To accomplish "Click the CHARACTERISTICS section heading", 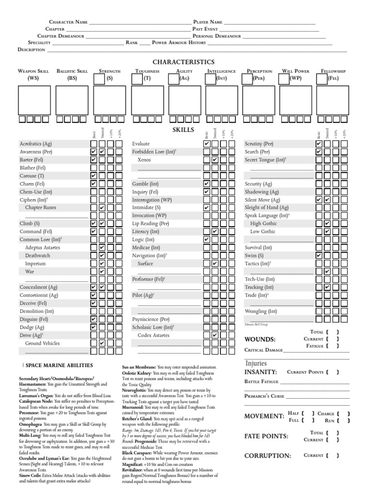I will [x=183, y=62].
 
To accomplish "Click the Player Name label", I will [x=208, y=22].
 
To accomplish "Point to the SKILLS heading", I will [x=183, y=130].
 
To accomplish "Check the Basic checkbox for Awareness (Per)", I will [x=93, y=152].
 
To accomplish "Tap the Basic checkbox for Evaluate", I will [x=207, y=144].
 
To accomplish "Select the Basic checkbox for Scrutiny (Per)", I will [x=319, y=144].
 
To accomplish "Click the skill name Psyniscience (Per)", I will [x=151, y=320].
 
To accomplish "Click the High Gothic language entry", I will [x=263, y=224].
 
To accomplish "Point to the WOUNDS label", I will [x=260, y=339].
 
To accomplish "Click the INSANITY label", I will [x=261, y=372].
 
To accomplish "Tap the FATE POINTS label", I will [x=266, y=436].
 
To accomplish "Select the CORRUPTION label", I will [x=267, y=456].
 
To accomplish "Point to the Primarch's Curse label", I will [x=264, y=396].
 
